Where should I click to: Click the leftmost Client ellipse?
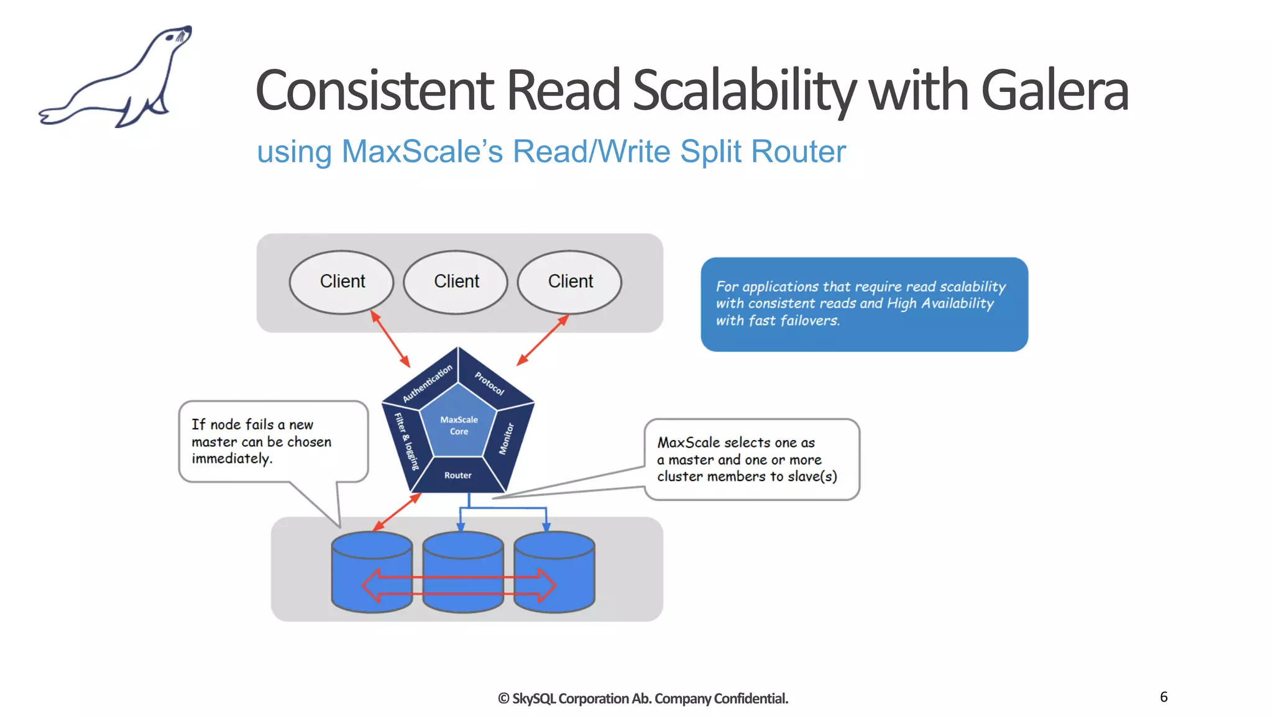pyautogui.click(x=342, y=282)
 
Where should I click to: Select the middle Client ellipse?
pyautogui.click(x=456, y=282)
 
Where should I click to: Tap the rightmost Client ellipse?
pyautogui.click(x=570, y=282)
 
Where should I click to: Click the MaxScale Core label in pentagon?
pyautogui.click(x=459, y=426)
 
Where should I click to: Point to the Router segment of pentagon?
pyautogui.click(x=458, y=475)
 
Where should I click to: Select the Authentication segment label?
pyautogui.click(x=427, y=383)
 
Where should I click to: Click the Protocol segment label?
pyautogui.click(x=490, y=383)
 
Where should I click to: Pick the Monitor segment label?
pyautogui.click(x=507, y=439)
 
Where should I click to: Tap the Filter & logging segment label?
pyautogui.click(x=407, y=441)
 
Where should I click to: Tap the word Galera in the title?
pyautogui.click(x=1054, y=91)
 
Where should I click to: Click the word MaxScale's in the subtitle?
pyautogui.click(x=422, y=152)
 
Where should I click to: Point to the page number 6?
pyautogui.click(x=1164, y=697)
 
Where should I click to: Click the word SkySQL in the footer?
pyautogui.click(x=533, y=699)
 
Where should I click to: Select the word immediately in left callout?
pyautogui.click(x=231, y=459)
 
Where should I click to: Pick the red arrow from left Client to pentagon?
pyautogui.click(x=390, y=339)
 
